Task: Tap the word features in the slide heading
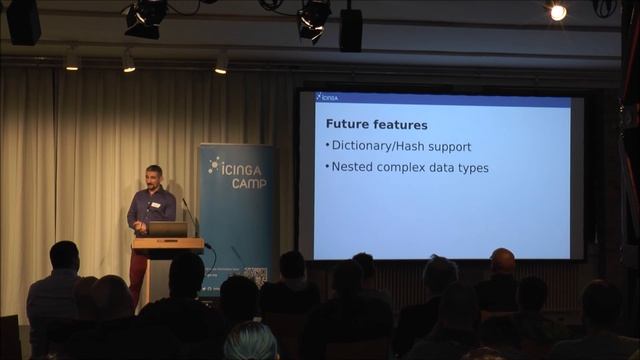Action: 402,125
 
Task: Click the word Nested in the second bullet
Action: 353,167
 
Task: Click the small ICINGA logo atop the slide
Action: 327,97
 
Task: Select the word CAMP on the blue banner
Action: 248,184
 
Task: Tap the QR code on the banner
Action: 255,276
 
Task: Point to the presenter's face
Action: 153,178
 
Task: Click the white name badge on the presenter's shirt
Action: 156,205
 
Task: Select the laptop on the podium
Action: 168,229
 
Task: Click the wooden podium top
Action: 167,243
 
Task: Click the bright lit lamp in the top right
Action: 557,12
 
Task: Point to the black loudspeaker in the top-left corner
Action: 23,20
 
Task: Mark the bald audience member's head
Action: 502,261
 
